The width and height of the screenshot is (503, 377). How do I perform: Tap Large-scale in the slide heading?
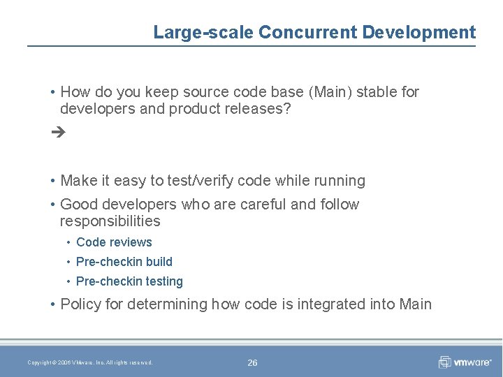click(203, 32)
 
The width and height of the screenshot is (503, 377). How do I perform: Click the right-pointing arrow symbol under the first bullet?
click(59, 131)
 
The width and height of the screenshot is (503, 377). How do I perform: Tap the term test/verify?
click(204, 181)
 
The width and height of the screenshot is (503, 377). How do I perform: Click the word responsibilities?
click(110, 221)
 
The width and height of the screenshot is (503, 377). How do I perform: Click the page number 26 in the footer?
click(252, 362)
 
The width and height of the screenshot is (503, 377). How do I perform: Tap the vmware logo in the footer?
click(465, 362)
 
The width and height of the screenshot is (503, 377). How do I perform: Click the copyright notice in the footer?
click(90, 362)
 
